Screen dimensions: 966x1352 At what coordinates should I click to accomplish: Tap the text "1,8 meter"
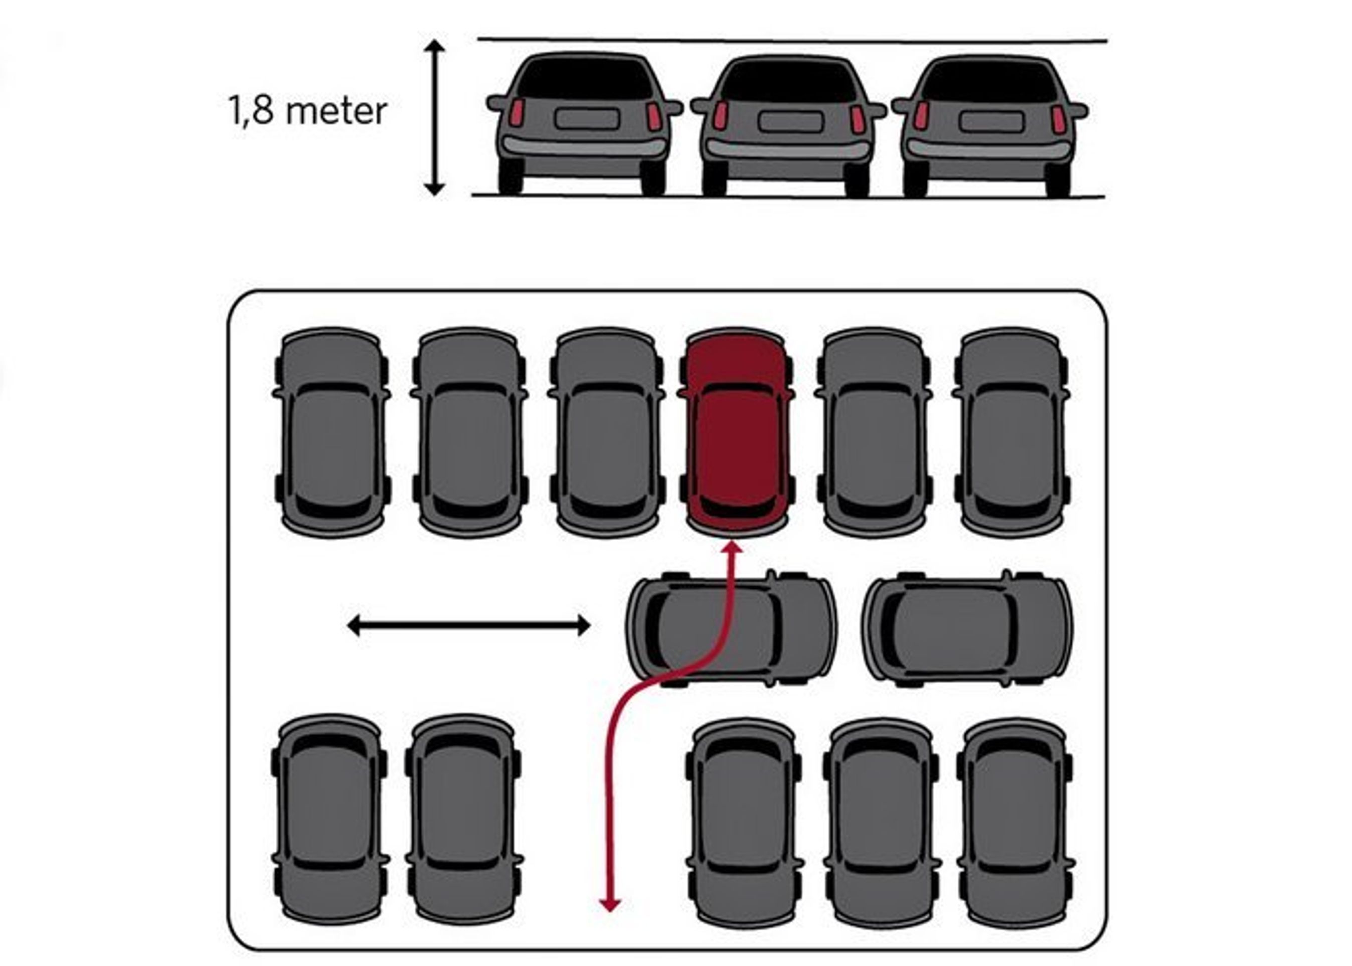[307, 112]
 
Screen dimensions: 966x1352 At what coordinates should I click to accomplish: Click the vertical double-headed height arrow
[435, 117]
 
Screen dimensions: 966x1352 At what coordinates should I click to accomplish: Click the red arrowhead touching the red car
[733, 548]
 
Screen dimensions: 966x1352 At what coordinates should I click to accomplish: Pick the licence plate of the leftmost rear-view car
[587, 118]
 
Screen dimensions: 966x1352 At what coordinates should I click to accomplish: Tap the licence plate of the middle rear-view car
[790, 121]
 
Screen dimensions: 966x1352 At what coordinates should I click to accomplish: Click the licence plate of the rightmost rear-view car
[991, 121]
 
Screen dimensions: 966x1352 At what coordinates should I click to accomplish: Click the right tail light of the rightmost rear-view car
[1058, 118]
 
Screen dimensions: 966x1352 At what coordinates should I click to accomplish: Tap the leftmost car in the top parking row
[331, 432]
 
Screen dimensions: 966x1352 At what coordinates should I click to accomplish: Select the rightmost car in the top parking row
[1010, 432]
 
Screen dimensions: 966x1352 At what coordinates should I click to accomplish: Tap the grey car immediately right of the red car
[873, 432]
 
